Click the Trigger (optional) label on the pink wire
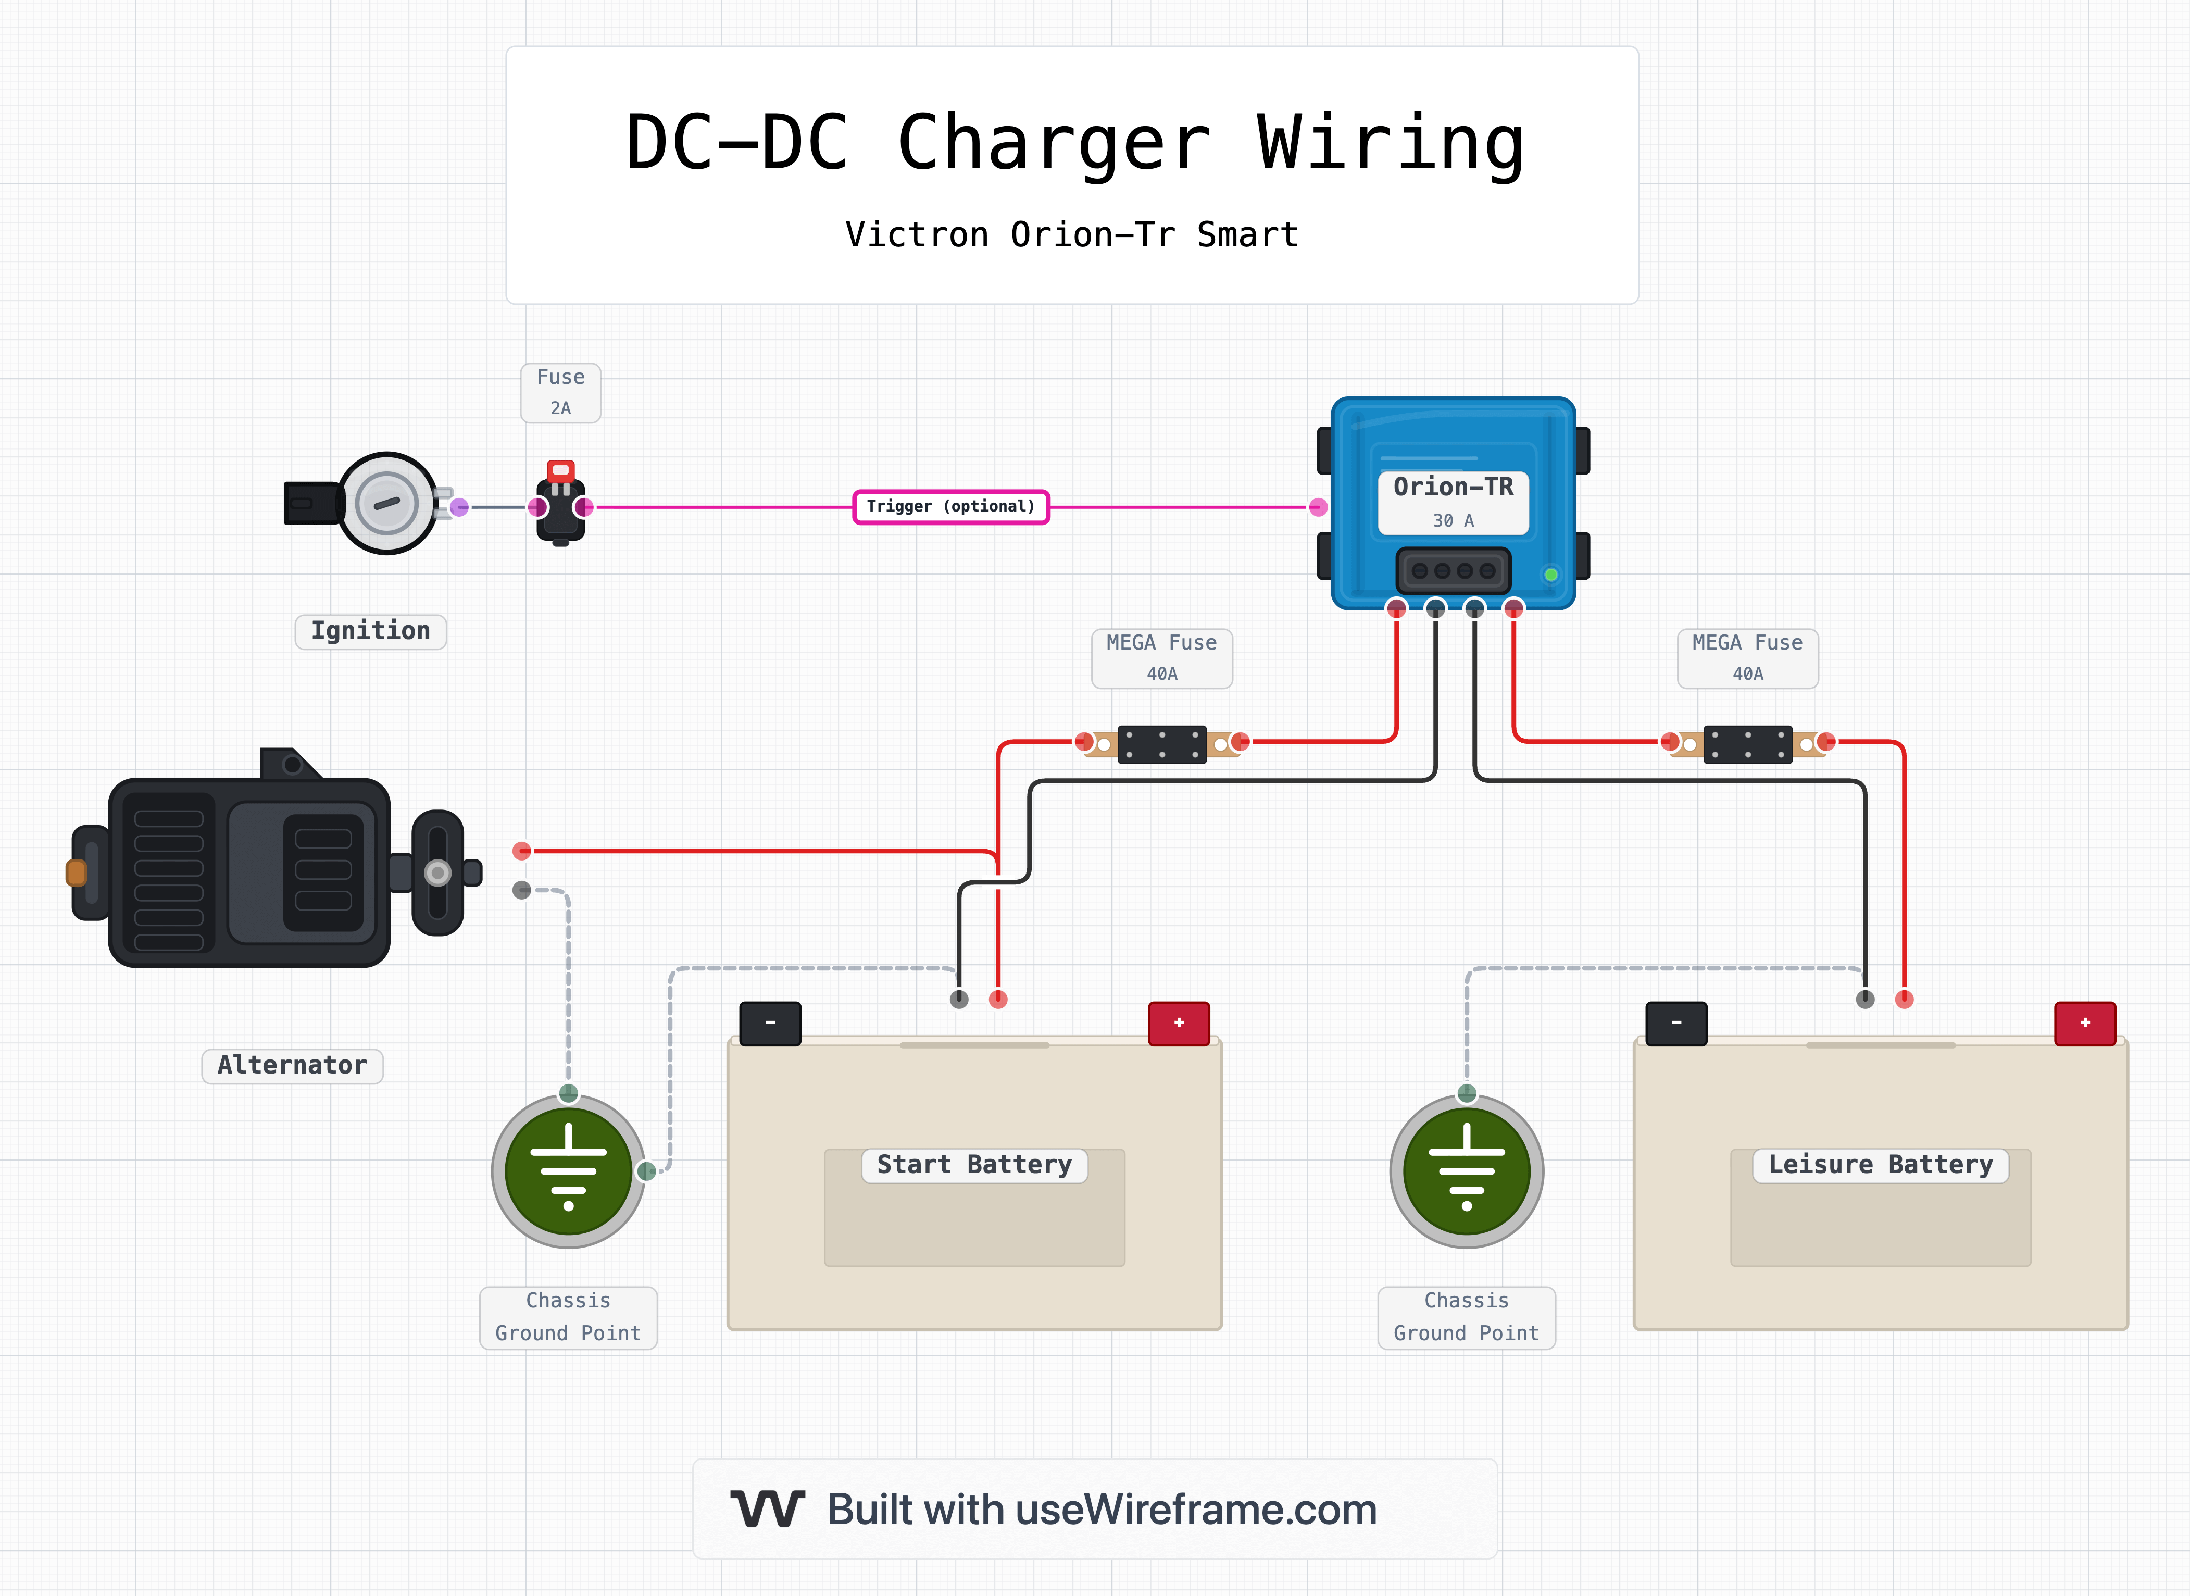coord(950,506)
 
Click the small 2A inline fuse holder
coord(560,504)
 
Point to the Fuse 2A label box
coord(560,392)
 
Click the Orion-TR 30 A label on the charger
coord(1453,501)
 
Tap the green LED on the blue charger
coord(1550,575)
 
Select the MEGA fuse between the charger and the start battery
coord(1161,744)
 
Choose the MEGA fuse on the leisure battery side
coord(1747,744)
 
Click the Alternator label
coord(292,1066)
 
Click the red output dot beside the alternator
coord(522,851)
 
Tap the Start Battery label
coord(974,1165)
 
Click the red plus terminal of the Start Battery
coord(1179,1023)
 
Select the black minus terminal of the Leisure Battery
coord(1676,1023)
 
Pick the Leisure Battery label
coord(1880,1165)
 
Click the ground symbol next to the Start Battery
coord(568,1171)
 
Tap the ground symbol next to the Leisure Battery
coord(1467,1171)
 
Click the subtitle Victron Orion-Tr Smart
coord(1071,235)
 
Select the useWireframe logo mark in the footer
coord(767,1509)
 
